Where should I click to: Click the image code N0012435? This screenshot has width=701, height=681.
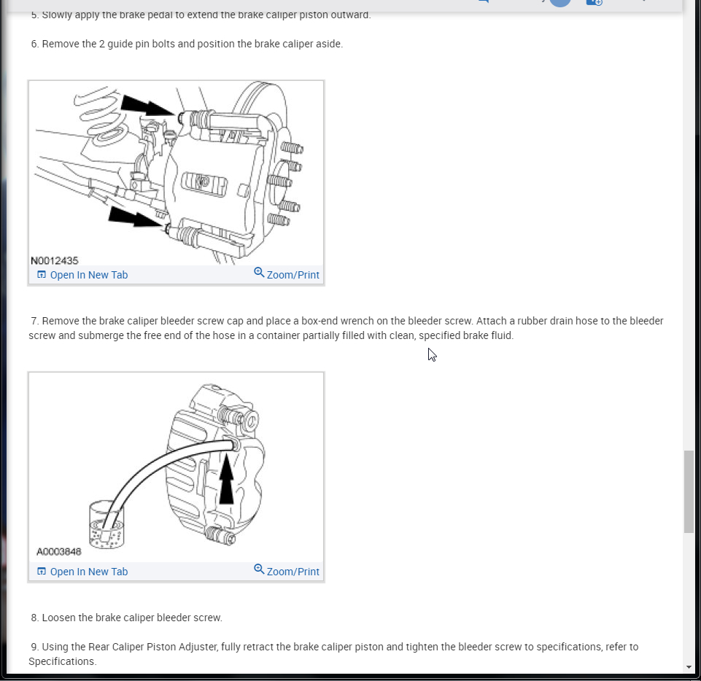[x=55, y=260]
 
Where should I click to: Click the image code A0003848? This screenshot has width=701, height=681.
[x=59, y=552]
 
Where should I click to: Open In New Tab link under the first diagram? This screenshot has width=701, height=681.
[x=82, y=275]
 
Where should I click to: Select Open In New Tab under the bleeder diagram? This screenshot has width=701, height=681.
[x=82, y=572]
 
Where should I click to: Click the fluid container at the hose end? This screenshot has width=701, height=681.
[x=106, y=526]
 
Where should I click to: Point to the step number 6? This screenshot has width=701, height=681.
[x=34, y=44]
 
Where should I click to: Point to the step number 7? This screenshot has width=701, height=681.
[x=34, y=321]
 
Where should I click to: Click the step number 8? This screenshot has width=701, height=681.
[x=34, y=618]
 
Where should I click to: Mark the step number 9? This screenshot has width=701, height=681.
[x=34, y=647]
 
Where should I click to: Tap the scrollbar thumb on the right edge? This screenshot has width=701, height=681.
[x=689, y=492]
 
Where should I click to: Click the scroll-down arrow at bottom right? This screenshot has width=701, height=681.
[x=689, y=667]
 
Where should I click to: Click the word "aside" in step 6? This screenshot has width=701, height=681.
[x=327, y=44]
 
